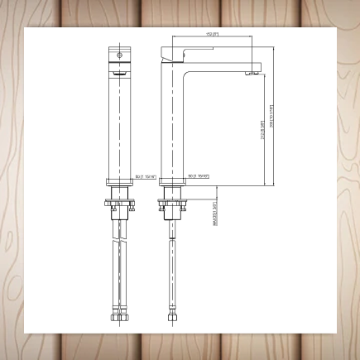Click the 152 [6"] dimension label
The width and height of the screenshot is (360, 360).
pyautogui.click(x=211, y=34)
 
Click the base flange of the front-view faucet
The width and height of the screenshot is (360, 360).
pyautogui.click(x=120, y=181)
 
